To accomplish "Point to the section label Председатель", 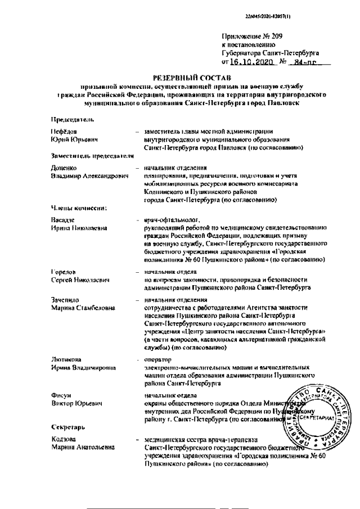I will pyautogui.click(x=71, y=120).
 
